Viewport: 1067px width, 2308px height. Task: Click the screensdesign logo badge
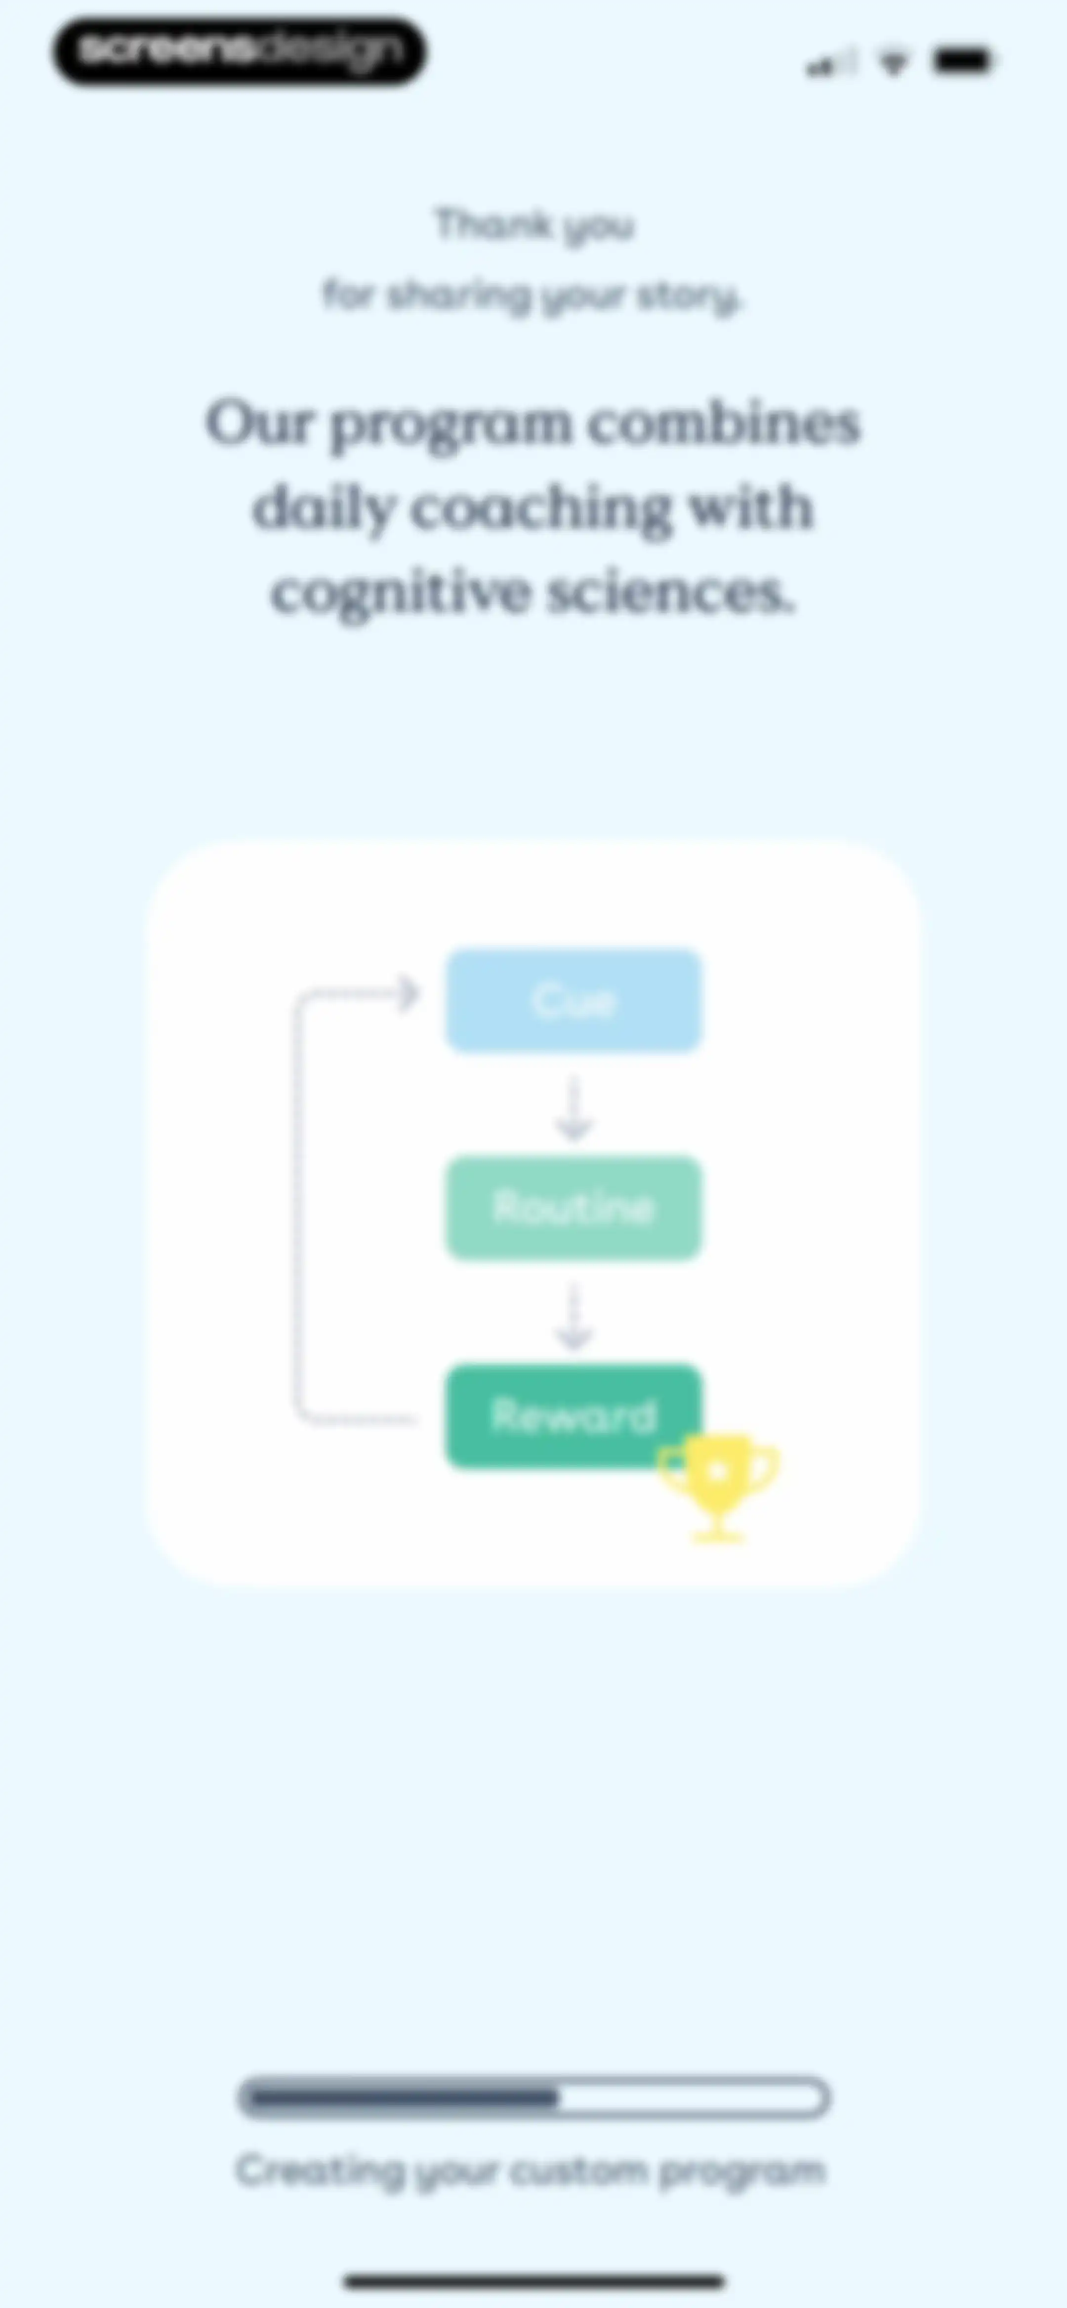239,51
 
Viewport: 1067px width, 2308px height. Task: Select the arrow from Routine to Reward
575,1316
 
